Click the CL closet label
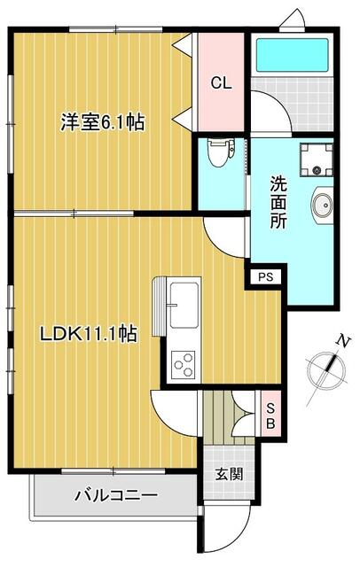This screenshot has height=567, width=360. pyautogui.click(x=221, y=83)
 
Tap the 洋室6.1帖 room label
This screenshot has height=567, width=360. pyautogui.click(x=102, y=122)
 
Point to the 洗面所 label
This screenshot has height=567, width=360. pyautogui.click(x=278, y=202)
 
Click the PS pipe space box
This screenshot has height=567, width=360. pyautogui.click(x=266, y=277)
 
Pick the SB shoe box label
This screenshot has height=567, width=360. pyautogui.click(x=270, y=416)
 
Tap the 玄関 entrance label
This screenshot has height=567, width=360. pyautogui.click(x=229, y=474)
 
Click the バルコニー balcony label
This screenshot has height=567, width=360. pyautogui.click(x=116, y=494)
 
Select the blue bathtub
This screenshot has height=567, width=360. pyautogui.click(x=293, y=55)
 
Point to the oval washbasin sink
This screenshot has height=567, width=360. pyautogui.click(x=322, y=205)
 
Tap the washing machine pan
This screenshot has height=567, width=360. pyautogui.click(x=317, y=159)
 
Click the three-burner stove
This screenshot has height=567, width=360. pyautogui.click(x=183, y=364)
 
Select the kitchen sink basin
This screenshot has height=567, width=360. pyautogui.click(x=184, y=305)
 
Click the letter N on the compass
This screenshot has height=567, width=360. pyautogui.click(x=343, y=341)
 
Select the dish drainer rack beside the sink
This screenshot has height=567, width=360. pyautogui.click(x=160, y=307)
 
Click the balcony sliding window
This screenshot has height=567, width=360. pyautogui.click(x=113, y=470)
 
